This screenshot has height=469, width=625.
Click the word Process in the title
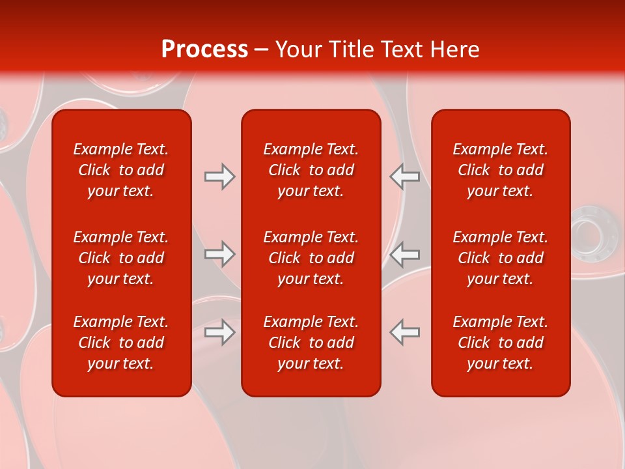[204, 50]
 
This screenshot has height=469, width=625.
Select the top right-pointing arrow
[219, 177]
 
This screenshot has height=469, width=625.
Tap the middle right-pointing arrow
[219, 254]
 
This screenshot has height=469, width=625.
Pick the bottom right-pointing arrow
[219, 332]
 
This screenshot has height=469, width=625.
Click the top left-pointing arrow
[404, 177]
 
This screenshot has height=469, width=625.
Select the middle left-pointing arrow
[404, 254]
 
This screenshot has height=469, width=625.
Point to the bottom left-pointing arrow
[404, 332]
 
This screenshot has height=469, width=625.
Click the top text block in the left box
[121, 170]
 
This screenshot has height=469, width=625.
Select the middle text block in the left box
[121, 258]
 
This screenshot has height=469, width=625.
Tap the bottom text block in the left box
[121, 343]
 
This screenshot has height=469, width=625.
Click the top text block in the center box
[311, 170]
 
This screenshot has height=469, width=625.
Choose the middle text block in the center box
[311, 258]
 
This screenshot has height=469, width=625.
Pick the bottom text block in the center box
[311, 343]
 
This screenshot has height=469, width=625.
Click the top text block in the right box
[500, 170]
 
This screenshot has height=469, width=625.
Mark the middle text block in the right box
[500, 258]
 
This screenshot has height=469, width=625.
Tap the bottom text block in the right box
[500, 343]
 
